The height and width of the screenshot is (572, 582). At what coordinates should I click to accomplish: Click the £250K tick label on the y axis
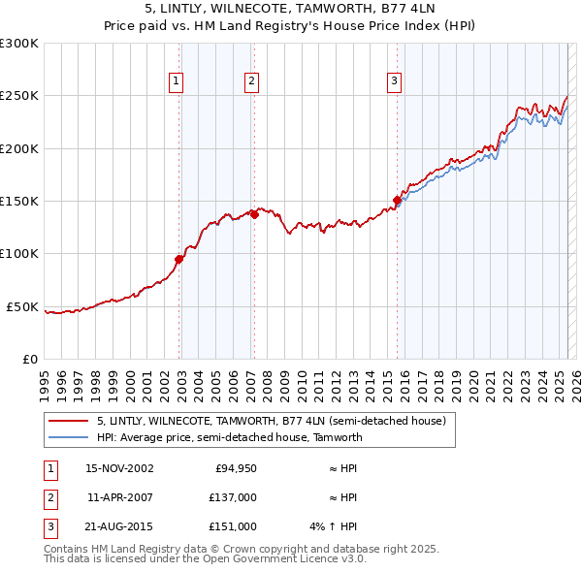click(x=19, y=96)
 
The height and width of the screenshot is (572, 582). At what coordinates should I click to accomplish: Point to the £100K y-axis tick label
click(x=19, y=254)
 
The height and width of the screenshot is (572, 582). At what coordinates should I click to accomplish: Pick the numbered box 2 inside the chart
click(x=251, y=82)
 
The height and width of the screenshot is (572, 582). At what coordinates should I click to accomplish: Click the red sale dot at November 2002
click(x=179, y=259)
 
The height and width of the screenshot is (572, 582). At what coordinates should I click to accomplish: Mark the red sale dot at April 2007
click(x=254, y=214)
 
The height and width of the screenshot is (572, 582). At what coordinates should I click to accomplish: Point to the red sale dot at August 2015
click(x=397, y=200)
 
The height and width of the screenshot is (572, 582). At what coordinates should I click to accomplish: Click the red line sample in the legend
click(x=68, y=422)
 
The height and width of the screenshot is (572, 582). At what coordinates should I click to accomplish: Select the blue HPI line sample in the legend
click(x=68, y=437)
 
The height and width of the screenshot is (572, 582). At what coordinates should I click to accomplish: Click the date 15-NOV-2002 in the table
click(x=119, y=468)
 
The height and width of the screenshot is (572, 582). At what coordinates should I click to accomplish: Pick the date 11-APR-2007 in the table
click(x=119, y=497)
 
